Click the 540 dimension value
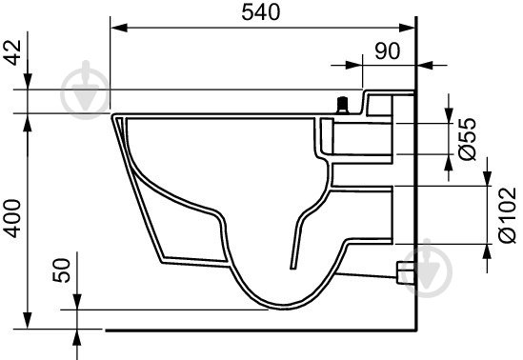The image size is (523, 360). tap(261, 12)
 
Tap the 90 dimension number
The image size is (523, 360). tap(387, 51)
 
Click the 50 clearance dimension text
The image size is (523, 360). tap(62, 270)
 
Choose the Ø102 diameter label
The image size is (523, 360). tap(508, 215)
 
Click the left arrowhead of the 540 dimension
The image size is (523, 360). tap(119, 28)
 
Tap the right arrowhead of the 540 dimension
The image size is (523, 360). tap(408, 28)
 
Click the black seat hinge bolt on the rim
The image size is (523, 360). tap(343, 106)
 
